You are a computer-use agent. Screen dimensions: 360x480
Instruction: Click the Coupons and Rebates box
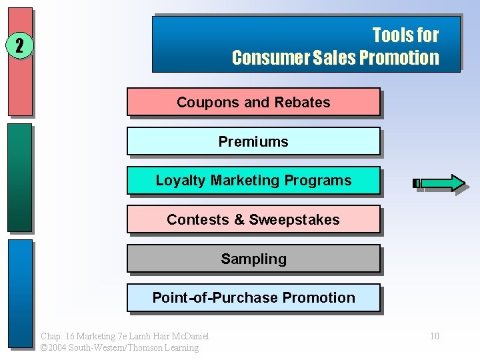click(253, 102)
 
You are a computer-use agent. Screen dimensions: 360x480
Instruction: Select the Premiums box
click(253, 141)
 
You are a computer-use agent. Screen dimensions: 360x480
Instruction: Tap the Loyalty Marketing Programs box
click(253, 181)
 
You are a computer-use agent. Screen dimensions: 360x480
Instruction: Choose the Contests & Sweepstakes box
click(253, 219)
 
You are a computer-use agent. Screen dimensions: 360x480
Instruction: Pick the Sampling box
click(253, 259)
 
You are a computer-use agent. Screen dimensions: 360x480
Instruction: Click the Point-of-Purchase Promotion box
click(253, 298)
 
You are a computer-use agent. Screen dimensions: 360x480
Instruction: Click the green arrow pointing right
click(439, 183)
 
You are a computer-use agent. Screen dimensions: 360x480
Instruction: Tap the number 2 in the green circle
click(20, 46)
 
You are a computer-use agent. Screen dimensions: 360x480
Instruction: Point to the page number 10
click(434, 336)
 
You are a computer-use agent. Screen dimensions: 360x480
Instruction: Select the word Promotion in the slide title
click(399, 57)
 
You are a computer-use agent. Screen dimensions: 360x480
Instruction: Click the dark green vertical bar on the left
click(20, 177)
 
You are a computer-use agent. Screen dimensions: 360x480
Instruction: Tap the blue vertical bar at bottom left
click(20, 293)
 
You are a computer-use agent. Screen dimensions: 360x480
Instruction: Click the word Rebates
click(305, 102)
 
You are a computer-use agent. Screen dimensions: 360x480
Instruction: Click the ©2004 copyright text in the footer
click(119, 347)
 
